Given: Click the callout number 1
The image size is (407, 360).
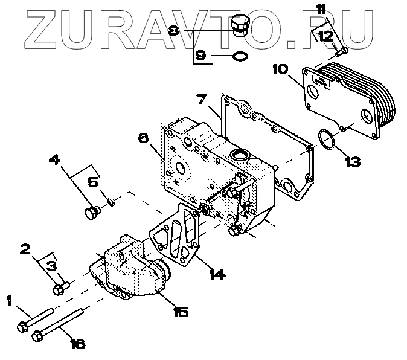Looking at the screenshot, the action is click(x=9, y=300).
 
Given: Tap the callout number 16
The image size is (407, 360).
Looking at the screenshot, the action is click(x=77, y=344).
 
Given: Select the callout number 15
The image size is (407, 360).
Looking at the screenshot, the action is click(x=180, y=311).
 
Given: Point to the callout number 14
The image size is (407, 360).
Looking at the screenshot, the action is click(x=216, y=274).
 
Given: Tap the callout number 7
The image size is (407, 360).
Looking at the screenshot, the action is click(x=201, y=98).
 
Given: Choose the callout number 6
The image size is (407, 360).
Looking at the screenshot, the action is click(x=143, y=138).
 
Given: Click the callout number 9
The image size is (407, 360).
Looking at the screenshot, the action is click(x=200, y=56).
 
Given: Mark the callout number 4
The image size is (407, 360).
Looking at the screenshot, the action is click(x=54, y=160).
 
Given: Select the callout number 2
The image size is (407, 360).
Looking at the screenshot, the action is click(x=25, y=248).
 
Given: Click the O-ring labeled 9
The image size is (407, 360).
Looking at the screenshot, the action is click(x=240, y=56).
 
